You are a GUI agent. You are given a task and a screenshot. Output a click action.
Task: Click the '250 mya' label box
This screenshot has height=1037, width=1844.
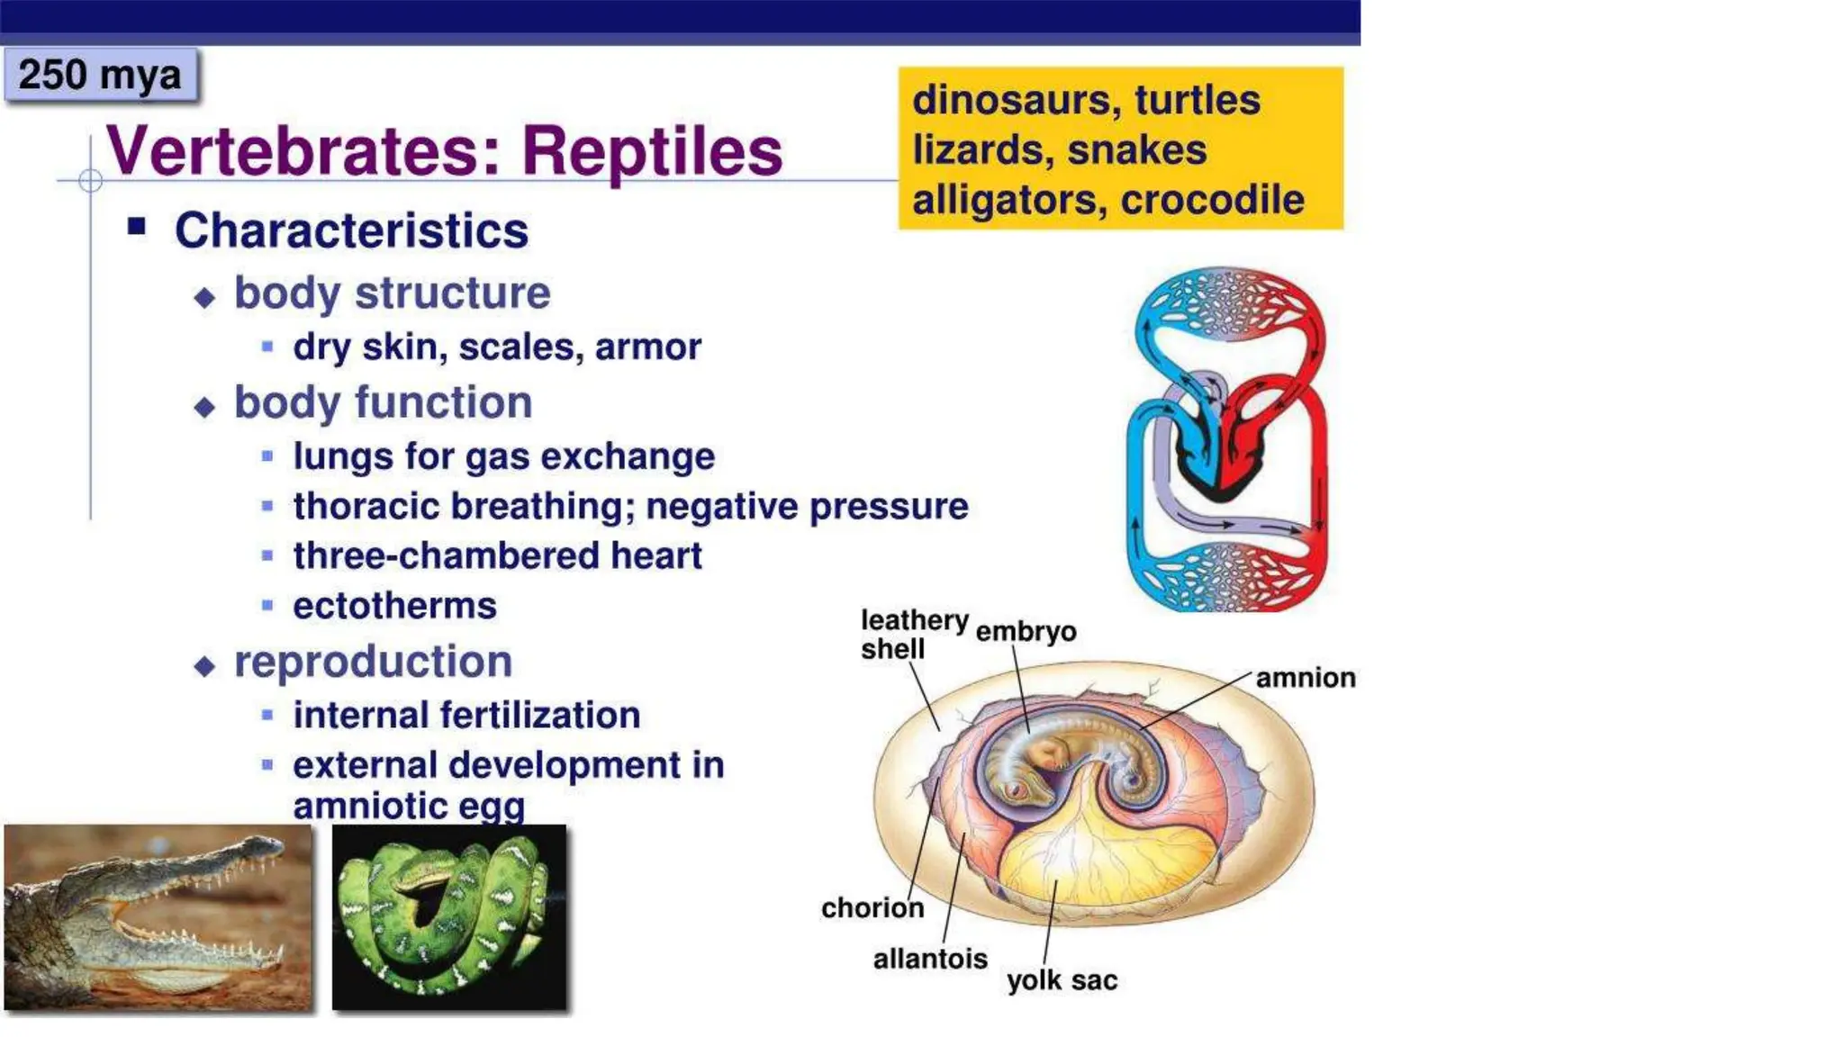pos(100,75)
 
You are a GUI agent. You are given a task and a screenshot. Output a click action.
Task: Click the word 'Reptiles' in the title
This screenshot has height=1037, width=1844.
pos(652,151)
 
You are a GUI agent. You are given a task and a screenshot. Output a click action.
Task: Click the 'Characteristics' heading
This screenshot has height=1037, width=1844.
pos(351,230)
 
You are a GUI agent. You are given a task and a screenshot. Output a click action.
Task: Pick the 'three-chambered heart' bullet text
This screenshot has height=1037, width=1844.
pos(497,555)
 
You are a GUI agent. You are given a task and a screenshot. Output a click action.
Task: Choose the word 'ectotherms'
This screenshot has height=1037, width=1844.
pos(394,606)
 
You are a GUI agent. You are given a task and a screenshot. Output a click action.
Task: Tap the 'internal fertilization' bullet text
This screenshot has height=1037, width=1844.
pos(466,716)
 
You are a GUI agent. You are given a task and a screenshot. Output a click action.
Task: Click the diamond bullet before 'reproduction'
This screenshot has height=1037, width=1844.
pos(205,666)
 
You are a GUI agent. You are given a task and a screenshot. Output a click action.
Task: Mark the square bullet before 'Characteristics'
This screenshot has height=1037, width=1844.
pos(137,226)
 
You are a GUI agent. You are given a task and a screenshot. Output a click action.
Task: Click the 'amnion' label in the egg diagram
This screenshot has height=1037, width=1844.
pos(1305,678)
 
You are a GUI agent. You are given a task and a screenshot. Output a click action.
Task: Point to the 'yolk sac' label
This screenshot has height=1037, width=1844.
pos(1062,980)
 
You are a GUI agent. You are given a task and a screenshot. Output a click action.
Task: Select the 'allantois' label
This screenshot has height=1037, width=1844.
pos(930,959)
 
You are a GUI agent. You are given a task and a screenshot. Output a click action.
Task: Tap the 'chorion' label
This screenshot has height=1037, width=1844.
pos(872,907)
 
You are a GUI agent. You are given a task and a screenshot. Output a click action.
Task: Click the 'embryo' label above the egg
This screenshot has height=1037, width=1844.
pos(1026,632)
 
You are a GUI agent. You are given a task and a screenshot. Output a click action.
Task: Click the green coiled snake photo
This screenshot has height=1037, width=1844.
pos(449,916)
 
